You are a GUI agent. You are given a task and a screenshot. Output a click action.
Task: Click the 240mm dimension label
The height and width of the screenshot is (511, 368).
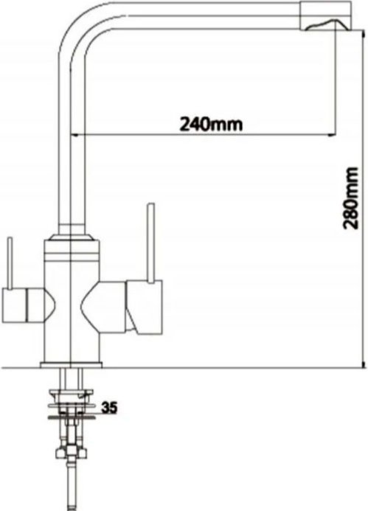(x=211, y=124)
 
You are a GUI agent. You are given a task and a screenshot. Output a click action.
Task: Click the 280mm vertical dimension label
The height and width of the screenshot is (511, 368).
(x=352, y=198)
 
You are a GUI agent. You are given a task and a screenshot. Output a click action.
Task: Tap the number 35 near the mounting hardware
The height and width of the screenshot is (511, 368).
(x=109, y=408)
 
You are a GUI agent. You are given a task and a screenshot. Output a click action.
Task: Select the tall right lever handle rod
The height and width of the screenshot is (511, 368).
(x=150, y=243)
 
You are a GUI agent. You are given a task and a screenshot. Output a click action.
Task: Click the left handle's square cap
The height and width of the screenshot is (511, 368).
(x=13, y=305)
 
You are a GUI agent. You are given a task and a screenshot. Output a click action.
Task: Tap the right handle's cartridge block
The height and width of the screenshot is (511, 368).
(x=144, y=307)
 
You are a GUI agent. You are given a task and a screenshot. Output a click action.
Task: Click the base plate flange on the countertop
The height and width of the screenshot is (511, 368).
(x=71, y=365)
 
